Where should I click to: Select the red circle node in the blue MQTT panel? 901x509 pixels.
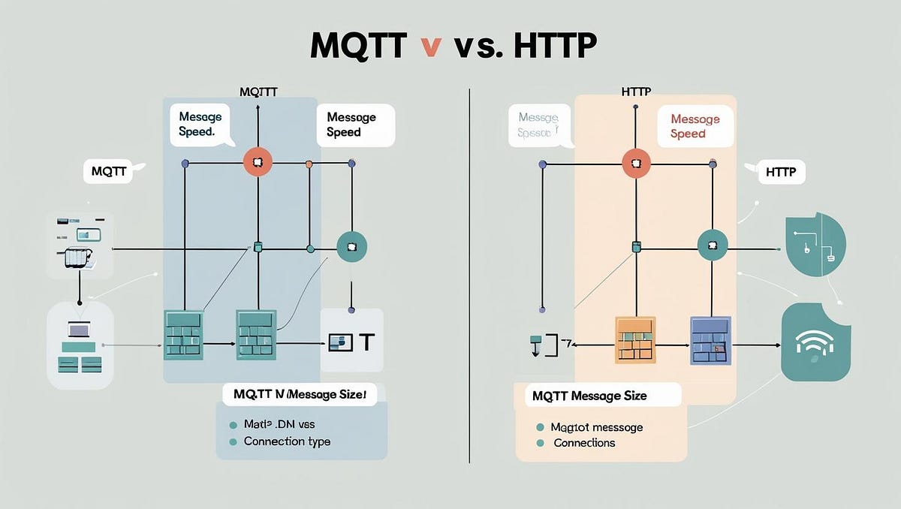258,163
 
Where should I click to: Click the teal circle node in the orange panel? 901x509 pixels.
713,245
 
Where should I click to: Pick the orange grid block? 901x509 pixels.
635,340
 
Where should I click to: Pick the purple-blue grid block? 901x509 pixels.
710,340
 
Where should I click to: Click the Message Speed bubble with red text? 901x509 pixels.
695,126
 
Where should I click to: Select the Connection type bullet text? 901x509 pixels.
286,441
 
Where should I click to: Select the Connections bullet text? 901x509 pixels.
584,443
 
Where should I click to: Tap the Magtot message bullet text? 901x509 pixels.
596,427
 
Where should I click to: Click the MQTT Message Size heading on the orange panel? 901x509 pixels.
589,396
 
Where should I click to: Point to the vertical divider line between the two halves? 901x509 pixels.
469,278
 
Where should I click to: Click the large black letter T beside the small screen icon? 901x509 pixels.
366,342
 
